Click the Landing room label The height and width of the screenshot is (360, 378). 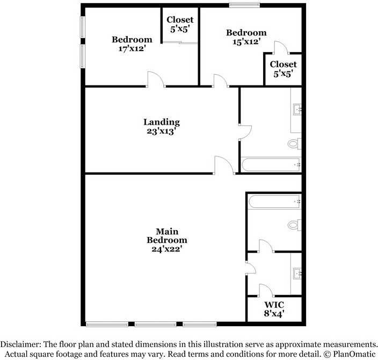pos(162,122)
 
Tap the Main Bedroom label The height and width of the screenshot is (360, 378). pos(167,236)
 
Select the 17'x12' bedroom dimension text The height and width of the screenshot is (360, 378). pos(132,48)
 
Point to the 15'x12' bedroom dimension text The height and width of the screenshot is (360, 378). pos(246,41)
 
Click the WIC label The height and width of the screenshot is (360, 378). pos(274,305)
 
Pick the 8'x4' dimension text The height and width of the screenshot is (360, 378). pos(274,313)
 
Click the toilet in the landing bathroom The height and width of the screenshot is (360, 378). pos(294,144)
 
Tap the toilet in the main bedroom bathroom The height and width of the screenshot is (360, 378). pos(294,225)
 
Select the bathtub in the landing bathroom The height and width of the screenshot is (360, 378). pos(271,165)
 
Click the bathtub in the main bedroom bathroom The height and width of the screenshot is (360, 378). pos(274,201)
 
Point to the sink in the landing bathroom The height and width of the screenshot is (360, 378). pos(297,110)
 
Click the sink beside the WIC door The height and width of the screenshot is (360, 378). pos(297,273)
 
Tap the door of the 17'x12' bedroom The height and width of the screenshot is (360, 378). pos(156,79)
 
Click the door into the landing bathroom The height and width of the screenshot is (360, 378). pos(245,132)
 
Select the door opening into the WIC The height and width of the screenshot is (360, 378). pos(266,290)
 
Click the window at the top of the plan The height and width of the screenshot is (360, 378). pos(244,5)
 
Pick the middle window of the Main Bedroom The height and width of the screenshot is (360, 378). pos(156,324)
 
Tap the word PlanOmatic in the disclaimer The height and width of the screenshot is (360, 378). pos(354,354)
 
